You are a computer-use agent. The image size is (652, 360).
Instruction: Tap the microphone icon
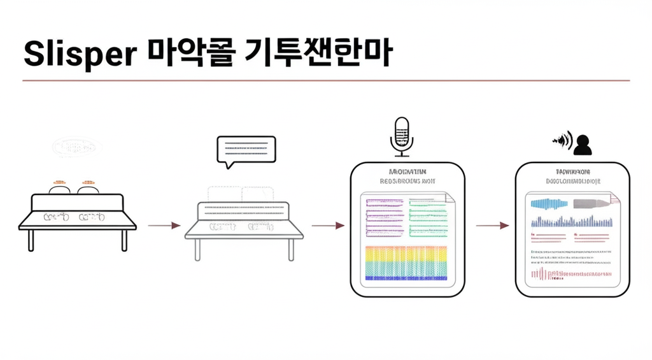401,136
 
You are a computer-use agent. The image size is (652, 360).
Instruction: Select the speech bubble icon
246,152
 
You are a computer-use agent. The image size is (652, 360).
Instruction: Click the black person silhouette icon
583,145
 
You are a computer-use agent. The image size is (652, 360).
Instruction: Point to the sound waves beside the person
562,140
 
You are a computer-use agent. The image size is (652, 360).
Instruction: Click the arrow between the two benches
164,225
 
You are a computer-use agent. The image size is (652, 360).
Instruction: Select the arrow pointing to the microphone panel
328,225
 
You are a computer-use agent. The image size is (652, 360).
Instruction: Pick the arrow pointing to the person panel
493,225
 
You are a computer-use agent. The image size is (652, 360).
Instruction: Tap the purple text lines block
385,217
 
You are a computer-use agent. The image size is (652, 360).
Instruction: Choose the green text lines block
431,217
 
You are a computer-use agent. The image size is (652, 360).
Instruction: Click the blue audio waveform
549,205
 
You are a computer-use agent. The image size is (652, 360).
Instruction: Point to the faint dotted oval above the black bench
77,148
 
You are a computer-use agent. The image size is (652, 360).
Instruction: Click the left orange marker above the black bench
60,182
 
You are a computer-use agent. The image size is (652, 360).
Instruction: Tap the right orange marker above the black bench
87,182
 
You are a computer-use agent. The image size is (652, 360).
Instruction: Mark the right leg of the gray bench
291,249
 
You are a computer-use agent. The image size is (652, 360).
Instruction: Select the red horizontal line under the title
326,81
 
